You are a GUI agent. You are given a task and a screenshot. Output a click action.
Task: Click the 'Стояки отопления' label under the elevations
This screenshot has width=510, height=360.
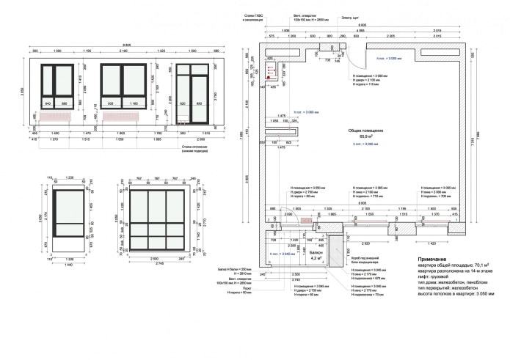point(193,147)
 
